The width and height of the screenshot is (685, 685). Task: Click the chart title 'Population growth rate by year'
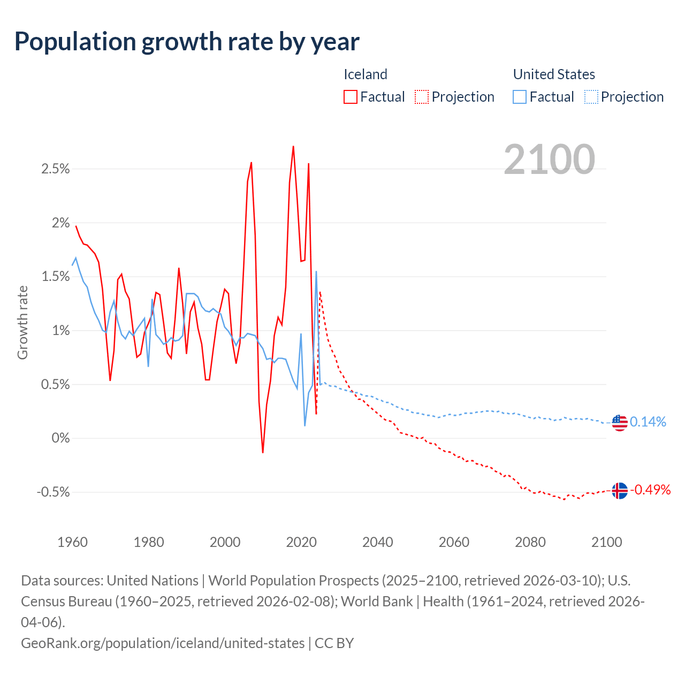click(x=187, y=42)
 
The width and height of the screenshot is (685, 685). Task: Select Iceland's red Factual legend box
click(x=351, y=97)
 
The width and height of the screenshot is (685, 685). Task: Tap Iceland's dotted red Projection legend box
click(x=422, y=97)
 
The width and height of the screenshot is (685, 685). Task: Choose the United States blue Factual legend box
click(x=520, y=97)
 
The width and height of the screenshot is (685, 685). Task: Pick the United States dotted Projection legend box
click(x=591, y=97)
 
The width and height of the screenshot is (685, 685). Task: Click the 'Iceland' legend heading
click(x=365, y=74)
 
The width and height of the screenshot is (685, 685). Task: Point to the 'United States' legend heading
click(x=554, y=74)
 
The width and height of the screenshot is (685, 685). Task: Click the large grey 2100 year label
click(x=549, y=159)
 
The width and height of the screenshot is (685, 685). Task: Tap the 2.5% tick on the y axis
click(x=56, y=169)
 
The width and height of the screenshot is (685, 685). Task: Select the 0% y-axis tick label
click(x=60, y=438)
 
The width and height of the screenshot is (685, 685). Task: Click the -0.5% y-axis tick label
click(x=54, y=492)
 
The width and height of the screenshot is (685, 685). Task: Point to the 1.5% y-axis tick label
click(x=56, y=277)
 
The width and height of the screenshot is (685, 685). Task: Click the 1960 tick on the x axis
click(x=72, y=542)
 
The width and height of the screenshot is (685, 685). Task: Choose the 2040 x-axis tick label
click(x=378, y=542)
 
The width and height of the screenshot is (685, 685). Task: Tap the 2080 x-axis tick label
click(x=530, y=542)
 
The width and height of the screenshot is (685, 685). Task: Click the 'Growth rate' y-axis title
click(x=22, y=323)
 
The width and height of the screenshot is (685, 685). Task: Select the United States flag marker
click(x=619, y=423)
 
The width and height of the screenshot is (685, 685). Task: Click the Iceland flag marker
click(x=619, y=490)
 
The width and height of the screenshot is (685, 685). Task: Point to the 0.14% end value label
click(x=648, y=422)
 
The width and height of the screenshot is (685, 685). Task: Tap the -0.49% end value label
click(x=650, y=490)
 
